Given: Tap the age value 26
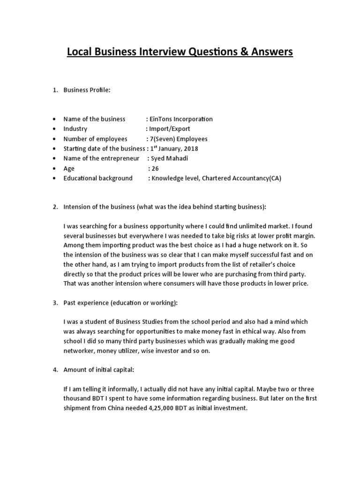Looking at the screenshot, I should tap(156, 168).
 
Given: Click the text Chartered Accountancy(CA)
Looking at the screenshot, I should tap(242, 178).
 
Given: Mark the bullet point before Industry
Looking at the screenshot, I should tap(55, 129).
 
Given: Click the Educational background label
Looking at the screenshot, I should tap(98, 178).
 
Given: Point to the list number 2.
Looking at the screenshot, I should tap(55, 207).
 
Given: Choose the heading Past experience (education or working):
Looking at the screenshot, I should tap(120, 303).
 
